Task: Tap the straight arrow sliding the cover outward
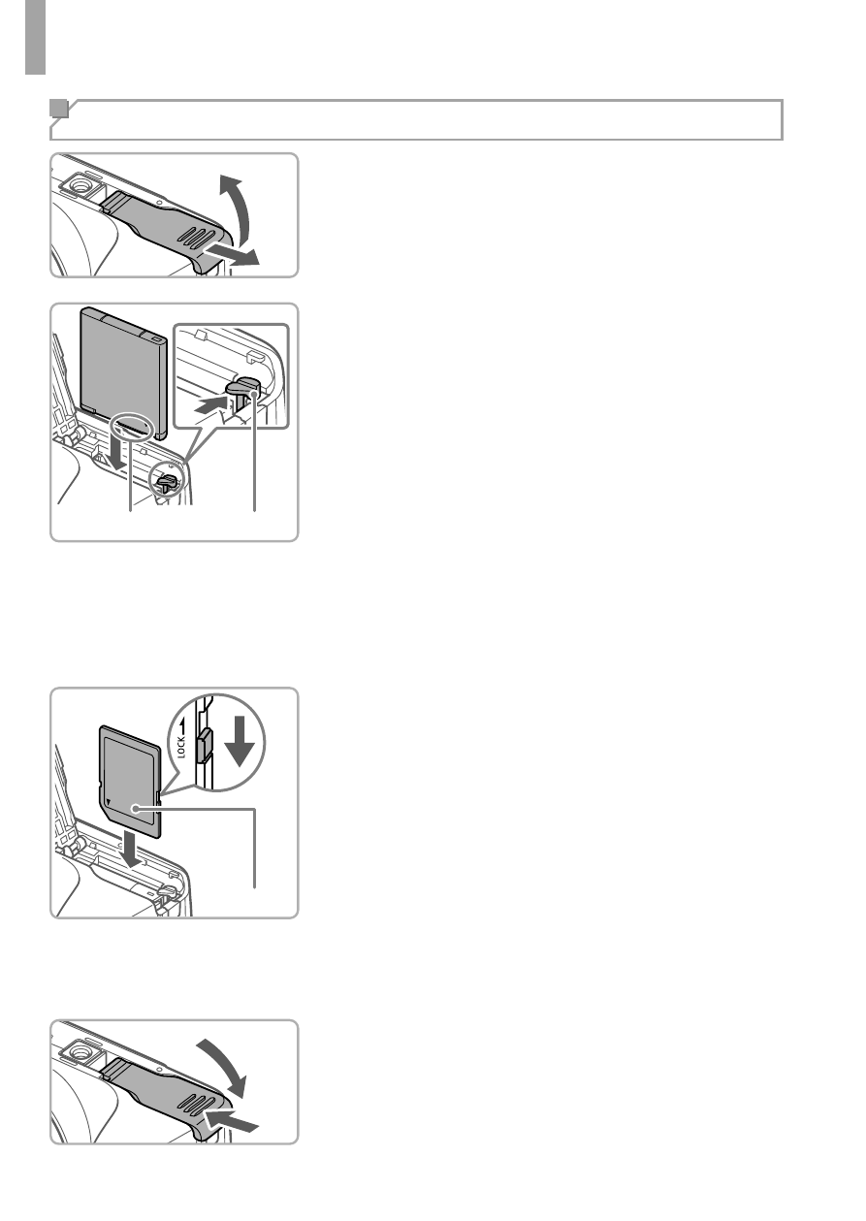coord(230,254)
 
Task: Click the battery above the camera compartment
coord(123,372)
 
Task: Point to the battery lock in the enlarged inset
coord(243,394)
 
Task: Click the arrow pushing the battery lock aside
coord(211,405)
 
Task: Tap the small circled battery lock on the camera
coord(166,480)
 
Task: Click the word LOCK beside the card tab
coord(181,747)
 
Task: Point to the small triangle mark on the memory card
coord(110,802)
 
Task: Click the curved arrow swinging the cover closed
coord(225,1064)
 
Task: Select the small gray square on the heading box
coord(59,109)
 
